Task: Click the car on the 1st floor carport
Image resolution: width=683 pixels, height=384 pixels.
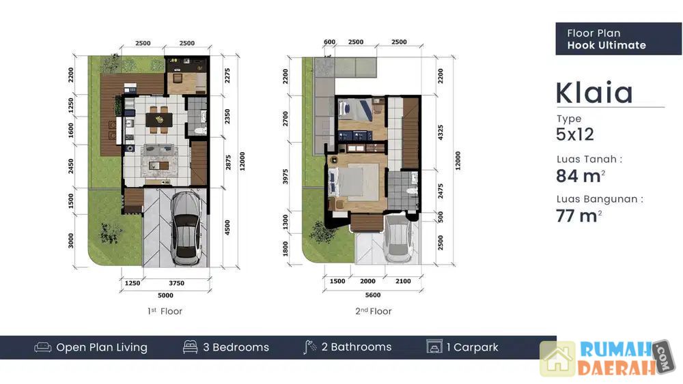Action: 186,228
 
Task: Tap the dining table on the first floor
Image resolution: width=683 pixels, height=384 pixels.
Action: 159,119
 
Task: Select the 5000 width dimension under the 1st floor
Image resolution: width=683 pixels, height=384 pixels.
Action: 165,295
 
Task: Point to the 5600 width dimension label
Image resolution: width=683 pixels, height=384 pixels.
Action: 373,295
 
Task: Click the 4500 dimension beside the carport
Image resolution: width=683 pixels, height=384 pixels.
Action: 227,227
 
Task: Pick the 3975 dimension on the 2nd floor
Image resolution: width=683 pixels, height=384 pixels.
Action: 285,177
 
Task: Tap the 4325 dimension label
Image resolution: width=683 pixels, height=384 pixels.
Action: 441,132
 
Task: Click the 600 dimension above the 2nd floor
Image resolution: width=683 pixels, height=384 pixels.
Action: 330,42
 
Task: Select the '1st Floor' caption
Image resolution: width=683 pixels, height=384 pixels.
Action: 165,311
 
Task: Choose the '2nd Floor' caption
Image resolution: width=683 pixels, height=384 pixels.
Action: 374,311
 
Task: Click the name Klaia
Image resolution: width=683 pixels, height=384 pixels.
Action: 595,92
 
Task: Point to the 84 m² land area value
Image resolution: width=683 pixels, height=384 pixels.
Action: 580,176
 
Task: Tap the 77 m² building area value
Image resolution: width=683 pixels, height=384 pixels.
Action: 579,216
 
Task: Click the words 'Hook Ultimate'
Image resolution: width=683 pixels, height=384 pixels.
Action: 607,45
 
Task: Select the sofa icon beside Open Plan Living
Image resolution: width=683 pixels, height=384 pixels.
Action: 42,347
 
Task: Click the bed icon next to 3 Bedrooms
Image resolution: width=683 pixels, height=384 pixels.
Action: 191,346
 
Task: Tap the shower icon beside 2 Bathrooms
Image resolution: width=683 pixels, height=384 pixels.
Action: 309,347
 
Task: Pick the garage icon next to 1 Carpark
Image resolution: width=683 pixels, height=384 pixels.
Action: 434,346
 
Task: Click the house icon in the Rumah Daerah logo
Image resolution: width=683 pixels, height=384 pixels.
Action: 558,359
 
